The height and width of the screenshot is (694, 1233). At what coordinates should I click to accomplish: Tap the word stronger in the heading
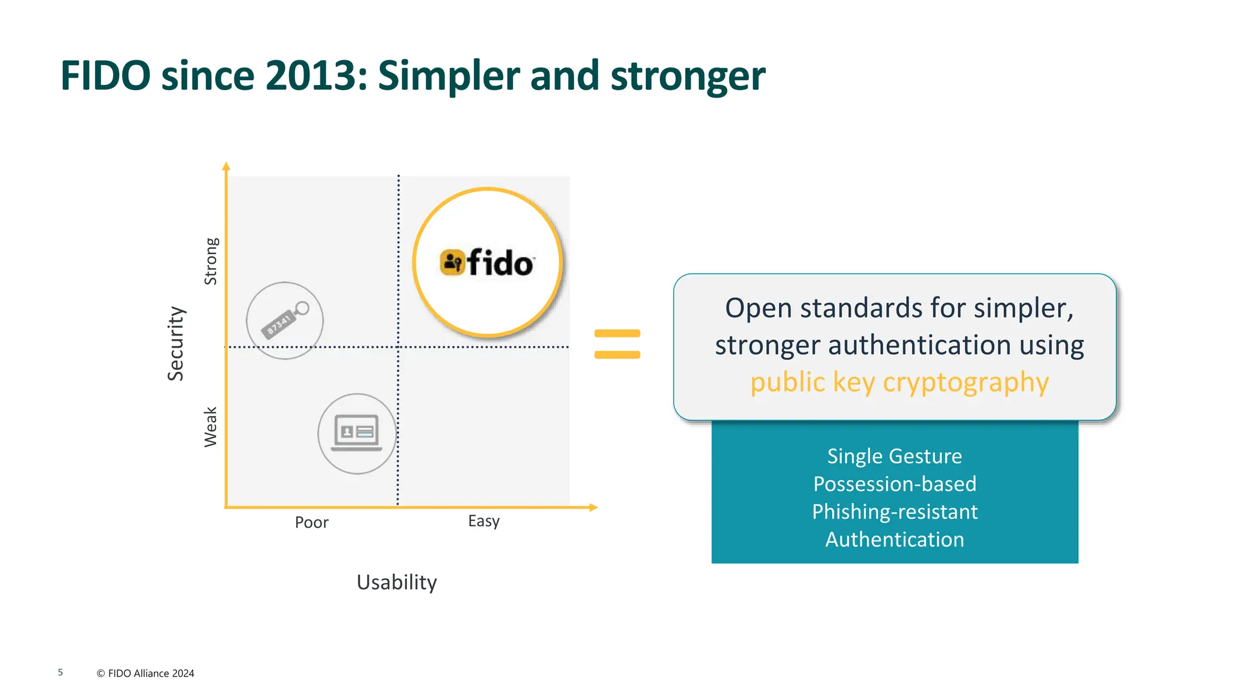(x=688, y=77)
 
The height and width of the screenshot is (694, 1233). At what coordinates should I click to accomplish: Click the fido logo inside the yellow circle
(x=487, y=263)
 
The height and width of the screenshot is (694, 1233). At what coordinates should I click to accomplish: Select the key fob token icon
(x=285, y=320)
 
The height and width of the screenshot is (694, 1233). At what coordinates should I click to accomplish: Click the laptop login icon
(x=356, y=433)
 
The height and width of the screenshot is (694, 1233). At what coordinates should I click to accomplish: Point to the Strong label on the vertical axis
(x=211, y=261)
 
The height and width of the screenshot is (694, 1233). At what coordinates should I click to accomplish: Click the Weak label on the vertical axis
(x=210, y=427)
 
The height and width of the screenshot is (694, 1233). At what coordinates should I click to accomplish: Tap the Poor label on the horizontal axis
(x=311, y=522)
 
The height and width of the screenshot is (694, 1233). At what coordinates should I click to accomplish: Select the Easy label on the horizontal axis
(x=483, y=521)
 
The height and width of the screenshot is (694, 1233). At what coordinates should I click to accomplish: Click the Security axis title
(x=175, y=343)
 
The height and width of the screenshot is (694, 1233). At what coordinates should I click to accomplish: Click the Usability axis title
(x=396, y=582)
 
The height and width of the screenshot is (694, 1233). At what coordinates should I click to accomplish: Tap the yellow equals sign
(x=617, y=344)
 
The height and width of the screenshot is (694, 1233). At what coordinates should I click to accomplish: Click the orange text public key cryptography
(x=899, y=382)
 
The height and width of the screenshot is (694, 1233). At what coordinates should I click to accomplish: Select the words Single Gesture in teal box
(x=894, y=456)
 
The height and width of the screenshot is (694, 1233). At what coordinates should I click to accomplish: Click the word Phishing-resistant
(x=894, y=511)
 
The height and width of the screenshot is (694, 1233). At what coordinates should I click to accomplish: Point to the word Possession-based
(x=894, y=484)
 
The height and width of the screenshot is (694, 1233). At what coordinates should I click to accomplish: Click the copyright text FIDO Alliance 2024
(x=145, y=673)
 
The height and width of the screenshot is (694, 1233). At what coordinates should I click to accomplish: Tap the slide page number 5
(x=60, y=672)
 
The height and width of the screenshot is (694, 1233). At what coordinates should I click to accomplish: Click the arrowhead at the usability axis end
(x=594, y=507)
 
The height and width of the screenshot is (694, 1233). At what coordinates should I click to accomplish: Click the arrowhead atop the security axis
(x=226, y=166)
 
